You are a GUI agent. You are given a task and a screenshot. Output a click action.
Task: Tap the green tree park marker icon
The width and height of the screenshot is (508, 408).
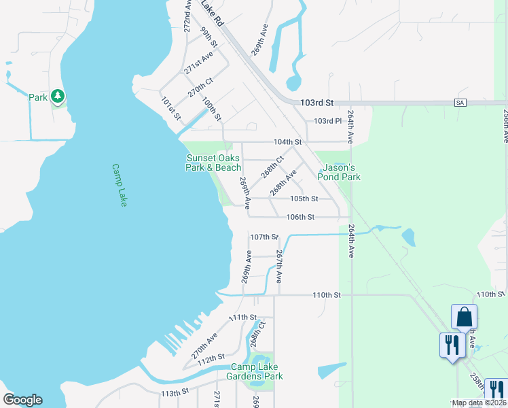pyautogui.click(x=58, y=97)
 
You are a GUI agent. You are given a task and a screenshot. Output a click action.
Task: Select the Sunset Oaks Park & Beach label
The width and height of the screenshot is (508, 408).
pyautogui.click(x=213, y=163)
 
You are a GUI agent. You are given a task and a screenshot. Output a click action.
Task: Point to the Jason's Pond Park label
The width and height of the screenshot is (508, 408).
pyautogui.click(x=339, y=172)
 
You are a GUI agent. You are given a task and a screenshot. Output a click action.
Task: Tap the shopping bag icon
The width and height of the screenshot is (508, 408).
pyautogui.click(x=464, y=317)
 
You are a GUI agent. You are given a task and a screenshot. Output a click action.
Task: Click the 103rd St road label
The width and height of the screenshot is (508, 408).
pyautogui.click(x=319, y=103)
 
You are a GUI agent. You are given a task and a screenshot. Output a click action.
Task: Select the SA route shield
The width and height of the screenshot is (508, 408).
pyautogui.click(x=460, y=103)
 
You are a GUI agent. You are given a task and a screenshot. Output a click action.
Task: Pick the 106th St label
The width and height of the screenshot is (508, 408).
pyautogui.click(x=300, y=217)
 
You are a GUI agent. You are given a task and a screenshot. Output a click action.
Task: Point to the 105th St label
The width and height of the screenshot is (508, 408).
pyautogui.click(x=304, y=199)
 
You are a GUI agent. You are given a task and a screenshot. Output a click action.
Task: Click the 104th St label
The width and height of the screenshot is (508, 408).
pyautogui.click(x=287, y=141)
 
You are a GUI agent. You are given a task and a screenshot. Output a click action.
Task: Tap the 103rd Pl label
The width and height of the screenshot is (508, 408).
pyautogui.click(x=327, y=121)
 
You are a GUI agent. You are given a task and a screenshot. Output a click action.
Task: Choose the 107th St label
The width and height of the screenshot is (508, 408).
pyautogui.click(x=264, y=237)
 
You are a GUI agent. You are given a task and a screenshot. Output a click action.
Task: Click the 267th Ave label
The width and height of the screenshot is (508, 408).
pyautogui.click(x=279, y=267)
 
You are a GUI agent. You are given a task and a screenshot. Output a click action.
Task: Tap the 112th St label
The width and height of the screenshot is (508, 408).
pyautogui.click(x=211, y=358)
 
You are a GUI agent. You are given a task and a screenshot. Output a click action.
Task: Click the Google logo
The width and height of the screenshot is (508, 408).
pyautogui.click(x=22, y=400)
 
